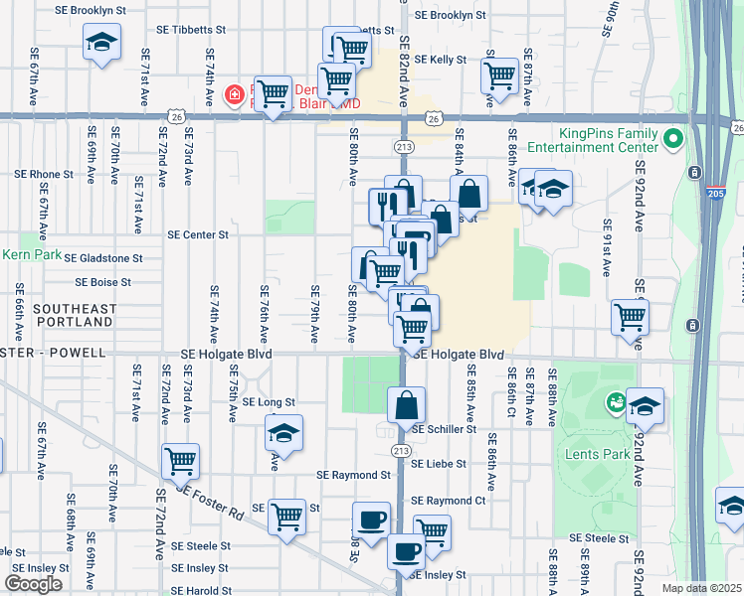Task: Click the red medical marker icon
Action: pyautogui.click(x=235, y=95)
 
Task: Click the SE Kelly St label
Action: pyautogui.click(x=441, y=60)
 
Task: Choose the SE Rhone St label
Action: pyautogui.click(x=44, y=174)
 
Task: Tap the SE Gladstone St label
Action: pyautogui.click(x=103, y=257)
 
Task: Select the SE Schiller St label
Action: pyautogui.click(x=444, y=430)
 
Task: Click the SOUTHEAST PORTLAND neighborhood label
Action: pyautogui.click(x=73, y=316)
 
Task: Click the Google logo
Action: pyautogui.click(x=33, y=584)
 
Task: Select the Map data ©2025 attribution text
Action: pyautogui.click(x=702, y=588)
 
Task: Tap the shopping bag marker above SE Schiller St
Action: pyautogui.click(x=407, y=404)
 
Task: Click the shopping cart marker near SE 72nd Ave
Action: pyautogui.click(x=181, y=460)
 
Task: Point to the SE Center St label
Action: pyautogui.click(x=199, y=235)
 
